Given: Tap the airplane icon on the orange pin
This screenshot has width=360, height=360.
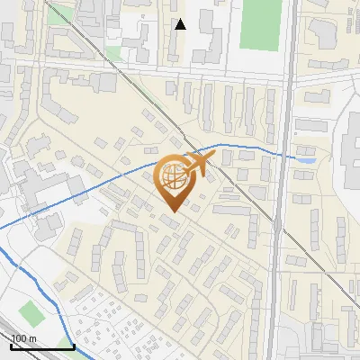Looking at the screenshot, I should tap(196, 164).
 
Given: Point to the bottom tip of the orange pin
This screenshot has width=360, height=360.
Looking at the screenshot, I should tap(174, 211).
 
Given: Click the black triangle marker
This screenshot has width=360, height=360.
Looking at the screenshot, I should tap(180, 24).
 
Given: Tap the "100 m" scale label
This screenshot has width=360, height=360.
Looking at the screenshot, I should tap(23, 338).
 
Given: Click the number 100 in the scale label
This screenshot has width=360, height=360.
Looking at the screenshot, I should tap(19, 338).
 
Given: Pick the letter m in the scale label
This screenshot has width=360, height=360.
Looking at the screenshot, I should tap(32, 338).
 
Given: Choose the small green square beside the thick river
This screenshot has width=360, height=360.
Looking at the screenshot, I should tap(31, 314).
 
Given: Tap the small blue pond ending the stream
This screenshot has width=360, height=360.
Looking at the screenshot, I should tap(308, 159).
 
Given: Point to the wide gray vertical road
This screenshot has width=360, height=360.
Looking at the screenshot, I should tap(281, 225).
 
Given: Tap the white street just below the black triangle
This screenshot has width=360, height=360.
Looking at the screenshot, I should tap(180, 70).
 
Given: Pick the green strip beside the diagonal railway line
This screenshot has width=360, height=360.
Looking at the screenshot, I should tap(61, 14).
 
